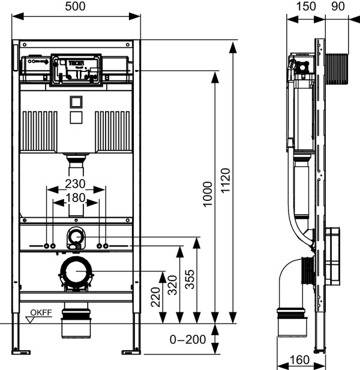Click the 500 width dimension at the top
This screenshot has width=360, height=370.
[76, 7]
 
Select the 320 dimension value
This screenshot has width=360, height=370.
[172, 285]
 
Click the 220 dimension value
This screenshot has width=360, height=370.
[155, 296]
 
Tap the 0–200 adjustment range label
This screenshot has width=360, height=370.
[188, 340]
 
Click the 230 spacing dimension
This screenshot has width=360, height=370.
[76, 184]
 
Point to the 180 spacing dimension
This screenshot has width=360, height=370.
[76, 197]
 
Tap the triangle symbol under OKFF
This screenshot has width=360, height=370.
[30, 320]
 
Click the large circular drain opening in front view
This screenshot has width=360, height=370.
[76, 273]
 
